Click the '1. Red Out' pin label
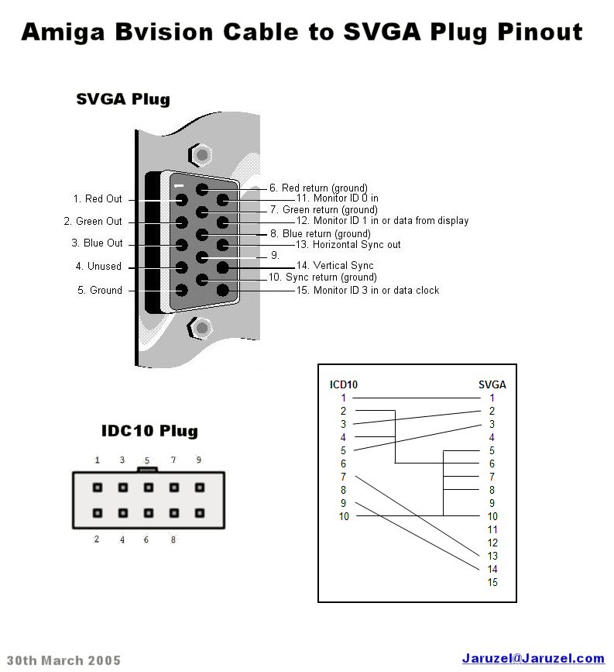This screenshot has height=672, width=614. coord(98,199)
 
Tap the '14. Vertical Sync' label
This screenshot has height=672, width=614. coord(335,266)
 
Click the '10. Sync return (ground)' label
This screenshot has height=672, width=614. coord(322,277)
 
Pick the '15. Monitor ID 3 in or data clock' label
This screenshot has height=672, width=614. coord(368,291)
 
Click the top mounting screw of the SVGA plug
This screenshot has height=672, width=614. coord(202,154)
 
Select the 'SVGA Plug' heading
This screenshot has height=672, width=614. coord(123,99)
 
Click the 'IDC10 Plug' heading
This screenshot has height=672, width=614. coord(149,431)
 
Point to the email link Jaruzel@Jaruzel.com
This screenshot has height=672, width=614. coord(533,659)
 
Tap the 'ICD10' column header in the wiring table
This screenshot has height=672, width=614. coord(344,384)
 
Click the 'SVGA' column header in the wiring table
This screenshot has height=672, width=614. coord(492,384)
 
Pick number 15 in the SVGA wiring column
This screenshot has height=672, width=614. coord(492,582)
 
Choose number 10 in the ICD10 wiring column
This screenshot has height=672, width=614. coord(344,516)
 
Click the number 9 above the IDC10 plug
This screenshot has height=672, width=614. coord(199,460)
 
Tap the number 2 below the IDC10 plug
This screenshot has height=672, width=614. coord(97,539)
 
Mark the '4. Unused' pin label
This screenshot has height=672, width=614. coord(98,267)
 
